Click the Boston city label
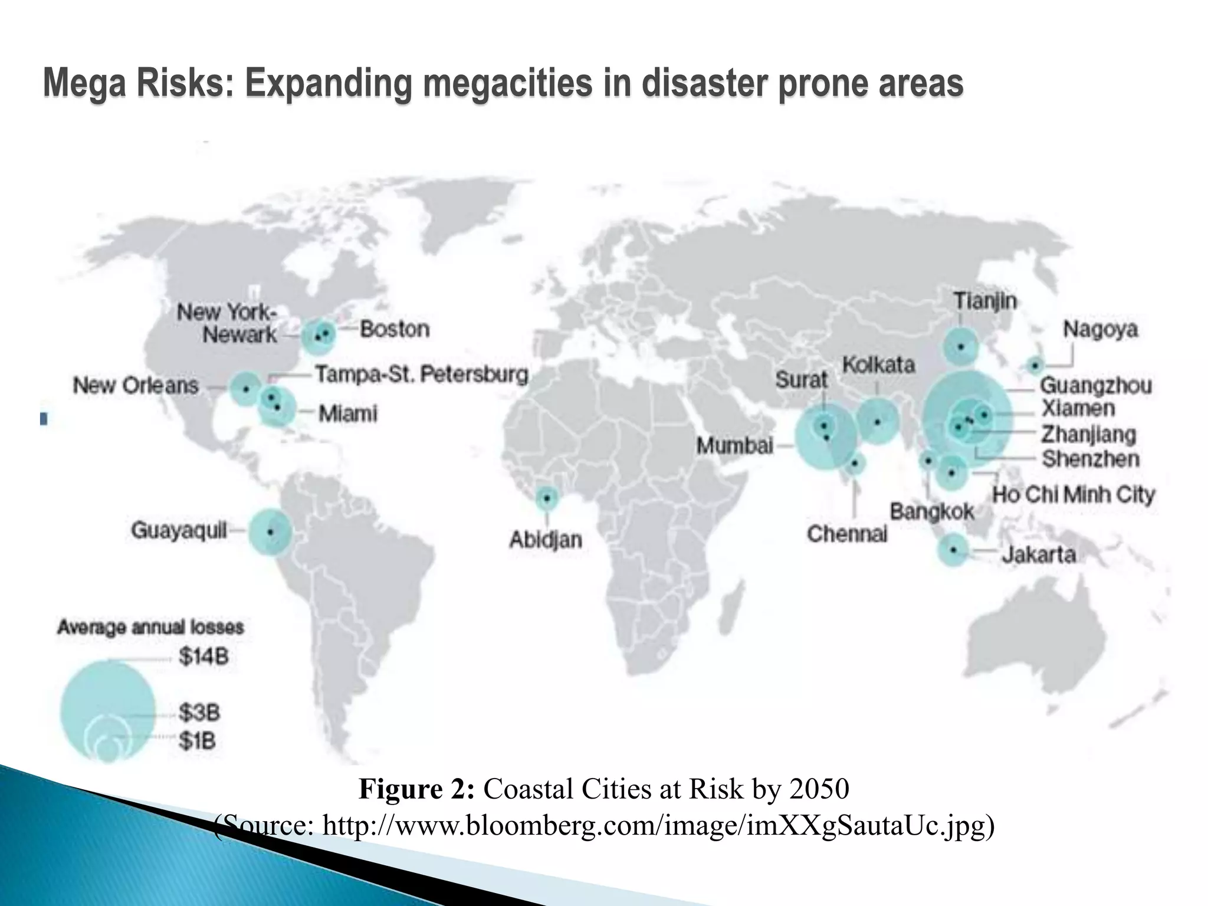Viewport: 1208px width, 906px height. click(x=395, y=329)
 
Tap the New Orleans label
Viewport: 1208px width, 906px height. click(x=136, y=386)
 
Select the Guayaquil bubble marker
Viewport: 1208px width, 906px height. click(x=270, y=531)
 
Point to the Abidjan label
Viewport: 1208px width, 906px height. click(x=546, y=539)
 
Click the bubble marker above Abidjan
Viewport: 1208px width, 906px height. click(x=547, y=498)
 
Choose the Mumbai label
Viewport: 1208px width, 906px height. click(x=734, y=445)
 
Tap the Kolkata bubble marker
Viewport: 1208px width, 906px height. click(x=877, y=421)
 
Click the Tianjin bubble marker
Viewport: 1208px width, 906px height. click(x=960, y=347)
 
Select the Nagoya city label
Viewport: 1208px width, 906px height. click(x=1100, y=329)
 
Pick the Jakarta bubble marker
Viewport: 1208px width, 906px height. click(x=953, y=550)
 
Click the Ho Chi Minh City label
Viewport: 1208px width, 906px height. click(x=1074, y=494)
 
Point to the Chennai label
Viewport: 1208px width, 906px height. click(x=847, y=534)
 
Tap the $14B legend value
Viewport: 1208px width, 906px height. click(x=203, y=656)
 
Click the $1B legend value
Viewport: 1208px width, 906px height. click(x=198, y=741)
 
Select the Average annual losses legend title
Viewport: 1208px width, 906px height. click(x=150, y=627)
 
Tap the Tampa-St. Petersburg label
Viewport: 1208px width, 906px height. click(x=422, y=375)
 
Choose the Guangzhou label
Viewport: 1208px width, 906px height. click(x=1095, y=386)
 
